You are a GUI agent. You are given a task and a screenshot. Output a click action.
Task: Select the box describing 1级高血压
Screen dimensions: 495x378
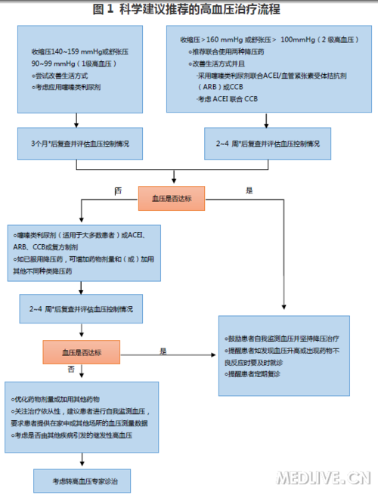click(75, 69)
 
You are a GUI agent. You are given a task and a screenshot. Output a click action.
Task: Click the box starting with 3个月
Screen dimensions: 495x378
click(75, 142)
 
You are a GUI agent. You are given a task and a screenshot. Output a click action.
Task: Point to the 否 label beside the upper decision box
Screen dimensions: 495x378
click(117, 191)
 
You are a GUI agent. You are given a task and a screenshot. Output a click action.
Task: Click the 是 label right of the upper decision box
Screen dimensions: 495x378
click(249, 191)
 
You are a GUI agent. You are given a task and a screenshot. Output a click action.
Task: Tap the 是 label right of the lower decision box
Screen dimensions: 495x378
click(163, 351)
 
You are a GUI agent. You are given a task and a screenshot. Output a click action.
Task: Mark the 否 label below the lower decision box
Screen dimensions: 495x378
click(72, 370)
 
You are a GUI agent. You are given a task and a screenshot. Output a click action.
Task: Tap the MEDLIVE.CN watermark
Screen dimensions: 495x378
click(323, 478)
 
